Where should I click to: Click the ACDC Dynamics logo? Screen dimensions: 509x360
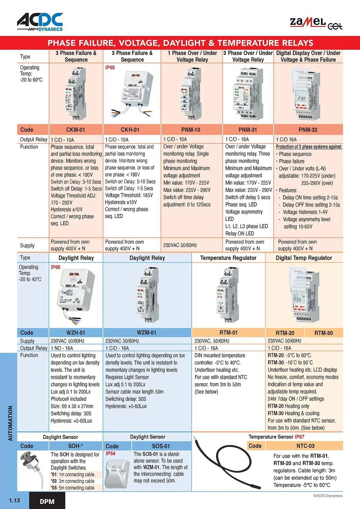40,22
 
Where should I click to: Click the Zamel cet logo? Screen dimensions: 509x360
316,23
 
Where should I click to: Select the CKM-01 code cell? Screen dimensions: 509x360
76,130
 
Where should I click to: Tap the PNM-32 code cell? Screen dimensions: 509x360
308,130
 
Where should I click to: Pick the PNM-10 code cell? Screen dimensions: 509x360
191,130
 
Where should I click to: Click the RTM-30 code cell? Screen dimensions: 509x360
323,333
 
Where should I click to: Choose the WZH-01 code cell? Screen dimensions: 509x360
76,333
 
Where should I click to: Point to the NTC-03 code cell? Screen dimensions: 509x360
305,446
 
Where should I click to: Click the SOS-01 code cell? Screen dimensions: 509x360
161,446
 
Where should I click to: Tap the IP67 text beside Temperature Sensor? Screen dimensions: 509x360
299,437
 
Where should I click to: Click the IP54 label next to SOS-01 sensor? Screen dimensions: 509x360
110,454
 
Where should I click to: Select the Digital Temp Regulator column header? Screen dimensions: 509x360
304,258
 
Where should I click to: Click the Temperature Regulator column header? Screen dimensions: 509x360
228,258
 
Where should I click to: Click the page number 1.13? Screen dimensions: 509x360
15,500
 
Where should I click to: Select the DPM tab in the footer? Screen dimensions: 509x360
47,501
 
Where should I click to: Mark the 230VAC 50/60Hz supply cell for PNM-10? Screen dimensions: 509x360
180,245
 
